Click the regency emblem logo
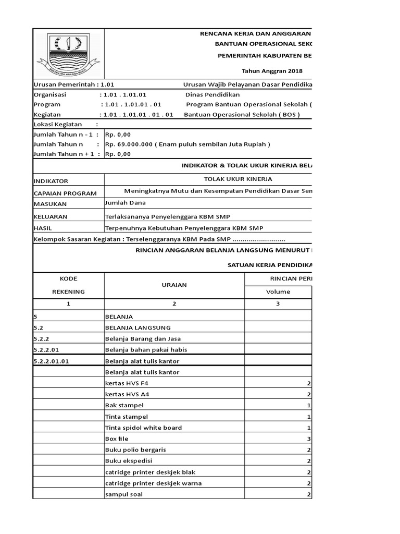pyautogui.click(x=68, y=54)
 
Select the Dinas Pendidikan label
pyautogui.click(x=213, y=95)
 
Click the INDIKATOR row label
pyautogui.click(x=51, y=181)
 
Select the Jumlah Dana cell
pyautogui.click(x=126, y=202)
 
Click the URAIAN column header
pyautogui.click(x=174, y=285)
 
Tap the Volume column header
pyautogui.click(x=278, y=292)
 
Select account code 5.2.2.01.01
pyautogui.click(x=51, y=361)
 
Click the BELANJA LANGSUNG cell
pyautogui.click(x=138, y=327)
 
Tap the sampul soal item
pyautogui.click(x=123, y=494)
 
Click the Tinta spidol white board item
pyautogui.click(x=143, y=428)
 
